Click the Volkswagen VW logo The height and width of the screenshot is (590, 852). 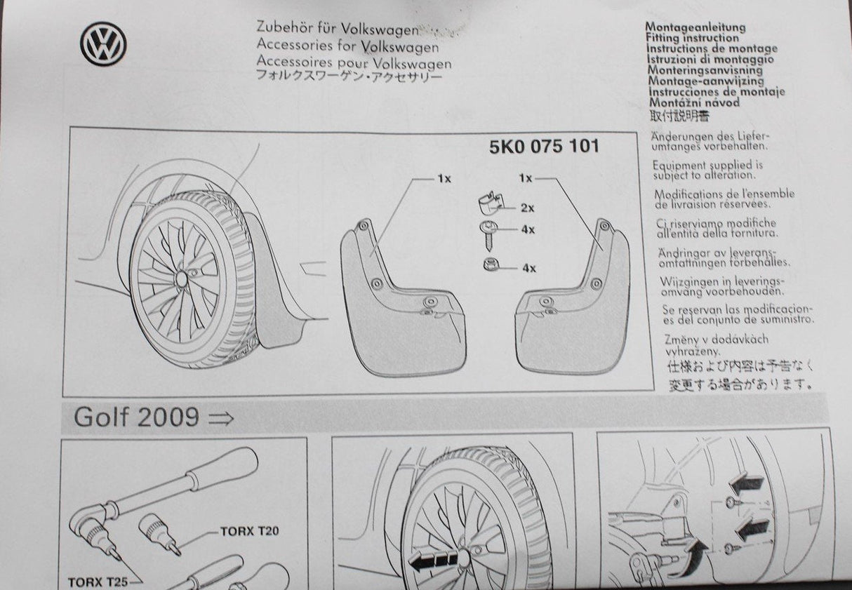tap(103, 43)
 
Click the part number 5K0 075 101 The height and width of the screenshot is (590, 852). tap(544, 147)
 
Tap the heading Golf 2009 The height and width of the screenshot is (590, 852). tap(136, 417)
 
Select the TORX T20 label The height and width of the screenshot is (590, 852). tap(249, 531)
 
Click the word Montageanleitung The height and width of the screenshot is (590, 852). tap(695, 27)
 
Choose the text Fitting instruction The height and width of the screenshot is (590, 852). tap(692, 38)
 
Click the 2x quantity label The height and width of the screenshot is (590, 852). tap(527, 208)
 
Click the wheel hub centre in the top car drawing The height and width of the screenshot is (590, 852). tap(181, 279)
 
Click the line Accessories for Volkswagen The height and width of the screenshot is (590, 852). tap(348, 46)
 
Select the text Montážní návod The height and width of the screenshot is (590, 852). tap(693, 102)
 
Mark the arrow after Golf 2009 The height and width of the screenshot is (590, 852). tap(221, 419)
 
